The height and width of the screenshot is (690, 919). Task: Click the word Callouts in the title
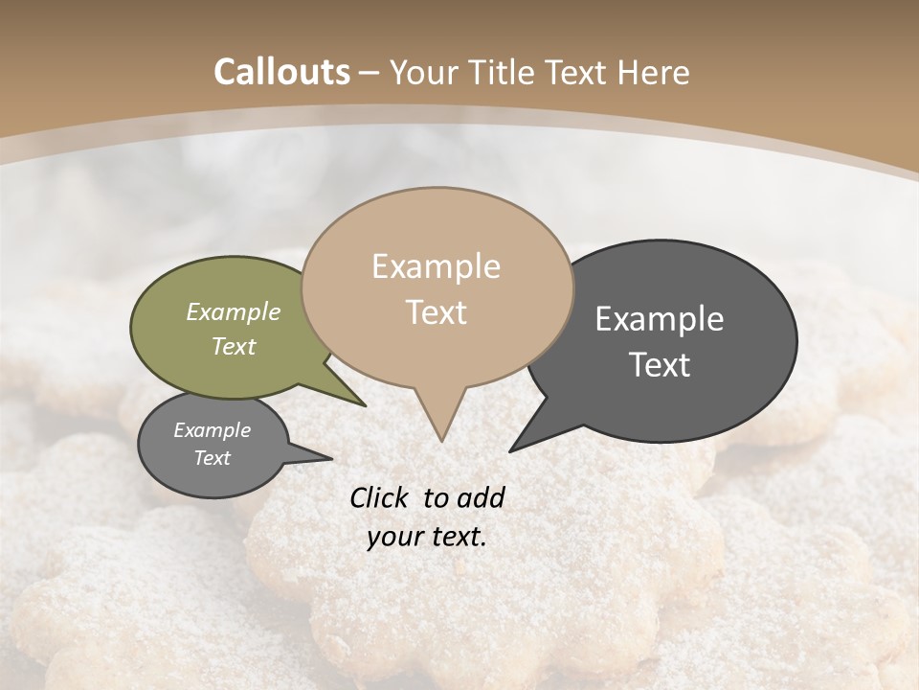[x=281, y=72]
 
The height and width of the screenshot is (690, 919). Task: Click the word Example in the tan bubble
[x=436, y=266]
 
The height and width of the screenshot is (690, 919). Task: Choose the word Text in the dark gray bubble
[x=660, y=365]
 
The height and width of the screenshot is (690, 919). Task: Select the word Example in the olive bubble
[x=233, y=312]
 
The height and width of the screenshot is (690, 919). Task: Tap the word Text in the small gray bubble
[x=212, y=458]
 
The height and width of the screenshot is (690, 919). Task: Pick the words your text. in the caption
[x=427, y=537]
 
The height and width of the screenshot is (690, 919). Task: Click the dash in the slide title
[x=370, y=73]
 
